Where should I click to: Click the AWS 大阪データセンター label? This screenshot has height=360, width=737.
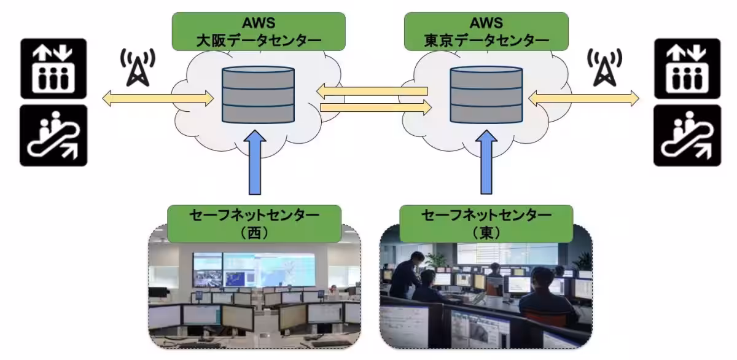[x=259, y=32]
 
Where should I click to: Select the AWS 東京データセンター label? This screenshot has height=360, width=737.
[x=486, y=32]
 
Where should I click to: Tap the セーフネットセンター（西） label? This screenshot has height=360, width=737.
[x=254, y=224]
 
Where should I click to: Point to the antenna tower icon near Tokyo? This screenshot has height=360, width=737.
[x=606, y=67]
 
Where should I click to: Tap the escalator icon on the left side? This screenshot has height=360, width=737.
[x=53, y=135]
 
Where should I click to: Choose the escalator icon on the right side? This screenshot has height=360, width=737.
[x=687, y=135]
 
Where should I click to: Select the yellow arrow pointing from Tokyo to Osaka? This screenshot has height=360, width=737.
[x=372, y=92]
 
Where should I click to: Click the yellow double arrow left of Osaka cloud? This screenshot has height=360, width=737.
[x=158, y=97]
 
